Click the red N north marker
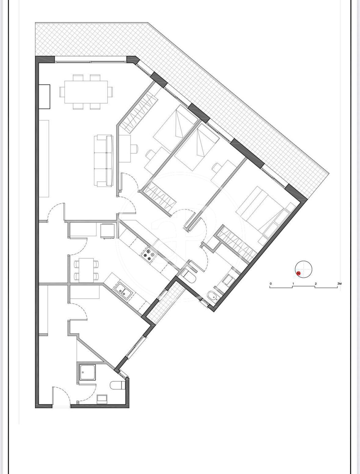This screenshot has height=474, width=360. pos(299,273)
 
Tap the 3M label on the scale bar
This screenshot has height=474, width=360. pos(339,283)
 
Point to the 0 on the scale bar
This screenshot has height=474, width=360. pos(271,283)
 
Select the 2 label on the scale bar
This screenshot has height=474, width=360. pos(316,283)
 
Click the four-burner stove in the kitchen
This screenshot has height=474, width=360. pos(149,256)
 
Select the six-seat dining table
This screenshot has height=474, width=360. pos(86,92)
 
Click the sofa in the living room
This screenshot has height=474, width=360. pos(104,161)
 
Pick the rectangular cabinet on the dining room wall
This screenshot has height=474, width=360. pos(44,96)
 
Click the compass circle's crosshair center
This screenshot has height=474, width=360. pos(303,269)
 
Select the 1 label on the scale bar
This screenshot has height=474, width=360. pos(293,283)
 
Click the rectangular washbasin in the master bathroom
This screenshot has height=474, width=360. pos(228,280)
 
